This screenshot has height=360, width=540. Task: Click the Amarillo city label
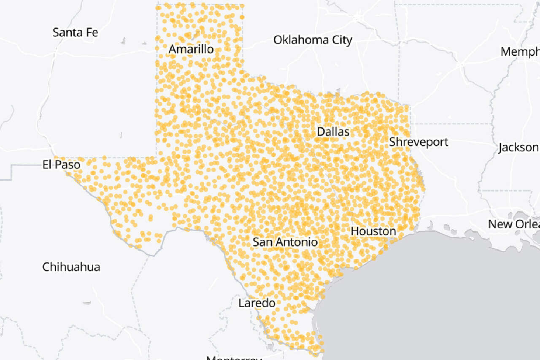[x=191, y=49]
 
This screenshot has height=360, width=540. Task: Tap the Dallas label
[x=333, y=132]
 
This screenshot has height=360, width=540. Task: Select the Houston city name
[x=373, y=231]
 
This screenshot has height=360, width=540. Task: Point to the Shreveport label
[x=418, y=142]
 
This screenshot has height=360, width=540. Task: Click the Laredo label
[x=256, y=303]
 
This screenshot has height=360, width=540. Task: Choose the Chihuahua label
[x=71, y=267]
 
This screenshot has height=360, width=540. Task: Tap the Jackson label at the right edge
[x=518, y=148]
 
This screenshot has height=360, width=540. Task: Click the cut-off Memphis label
[x=520, y=52]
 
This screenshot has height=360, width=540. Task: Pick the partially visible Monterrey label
[x=234, y=358]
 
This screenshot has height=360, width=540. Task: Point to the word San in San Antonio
[x=262, y=242]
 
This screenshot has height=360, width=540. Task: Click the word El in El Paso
[x=47, y=165]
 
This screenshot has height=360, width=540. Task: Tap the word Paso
[x=67, y=165]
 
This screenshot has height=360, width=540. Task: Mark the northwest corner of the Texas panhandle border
[x=157, y=5]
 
